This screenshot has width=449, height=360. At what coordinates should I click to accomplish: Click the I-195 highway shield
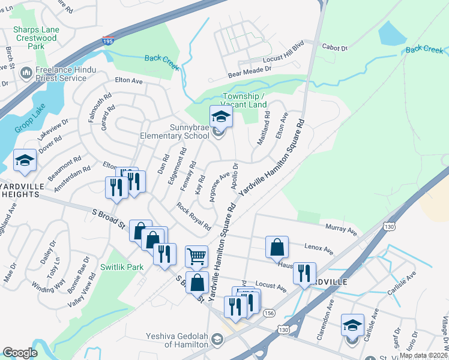click(108, 41)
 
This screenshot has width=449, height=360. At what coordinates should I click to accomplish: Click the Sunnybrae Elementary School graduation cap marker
click(220, 117)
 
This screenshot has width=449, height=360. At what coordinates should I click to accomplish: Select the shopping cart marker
click(196, 257)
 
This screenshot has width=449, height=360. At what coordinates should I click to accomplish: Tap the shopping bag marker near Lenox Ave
click(277, 247)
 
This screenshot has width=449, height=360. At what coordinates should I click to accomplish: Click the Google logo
click(20, 353)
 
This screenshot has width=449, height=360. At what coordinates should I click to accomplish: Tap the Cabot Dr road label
click(336, 48)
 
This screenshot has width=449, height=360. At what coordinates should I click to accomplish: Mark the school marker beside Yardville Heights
click(25, 160)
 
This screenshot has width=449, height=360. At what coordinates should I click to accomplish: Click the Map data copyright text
click(423, 355)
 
